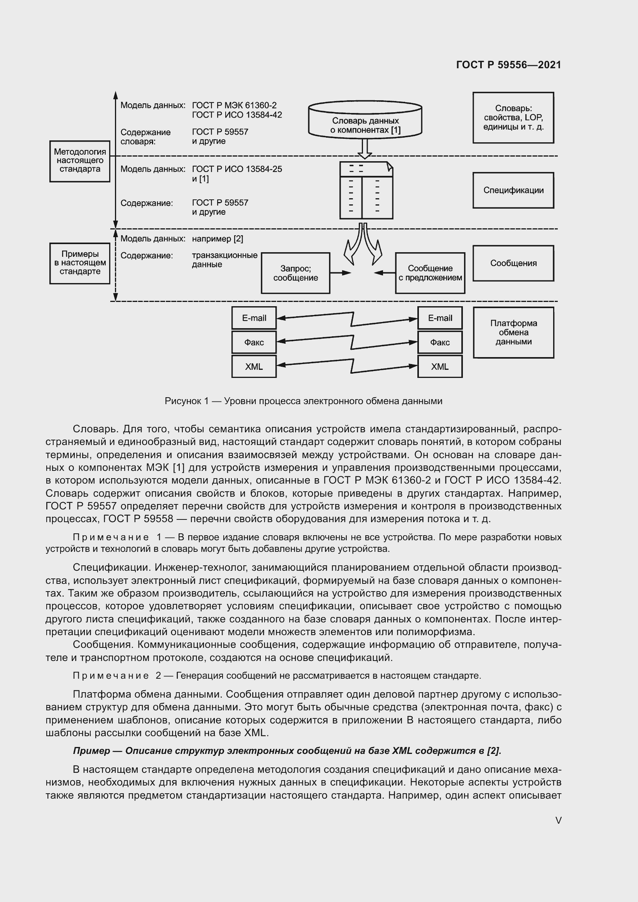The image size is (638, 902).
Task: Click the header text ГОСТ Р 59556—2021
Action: coord(508,65)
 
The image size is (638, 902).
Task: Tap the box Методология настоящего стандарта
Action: coord(80,161)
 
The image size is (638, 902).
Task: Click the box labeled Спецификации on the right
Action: coord(513,190)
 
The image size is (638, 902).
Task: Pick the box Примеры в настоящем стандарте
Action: coord(80,263)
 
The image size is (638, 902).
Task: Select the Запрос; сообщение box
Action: coord(295,273)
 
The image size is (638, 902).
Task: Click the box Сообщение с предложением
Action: coord(430,273)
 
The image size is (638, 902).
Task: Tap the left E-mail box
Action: coord(254,318)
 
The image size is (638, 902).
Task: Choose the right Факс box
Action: coord(440,342)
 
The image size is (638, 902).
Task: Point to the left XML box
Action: coord(254,366)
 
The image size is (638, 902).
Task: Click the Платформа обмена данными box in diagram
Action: coord(513,332)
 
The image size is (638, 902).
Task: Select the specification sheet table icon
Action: coord(366,191)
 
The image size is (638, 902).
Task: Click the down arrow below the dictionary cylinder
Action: coord(365,148)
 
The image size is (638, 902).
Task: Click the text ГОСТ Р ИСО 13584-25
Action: coord(237,169)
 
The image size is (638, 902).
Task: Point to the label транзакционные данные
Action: coord(224,260)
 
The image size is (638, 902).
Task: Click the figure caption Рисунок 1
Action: coord(303,401)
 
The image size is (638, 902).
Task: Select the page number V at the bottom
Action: coord(558,820)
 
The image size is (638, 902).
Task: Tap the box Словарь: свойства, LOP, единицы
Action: coord(513,118)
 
